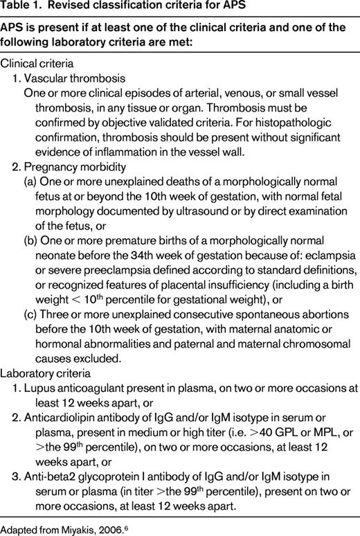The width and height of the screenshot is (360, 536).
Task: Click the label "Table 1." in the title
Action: pos(21,8)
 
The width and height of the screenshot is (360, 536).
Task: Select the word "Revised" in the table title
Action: pos(70,8)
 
